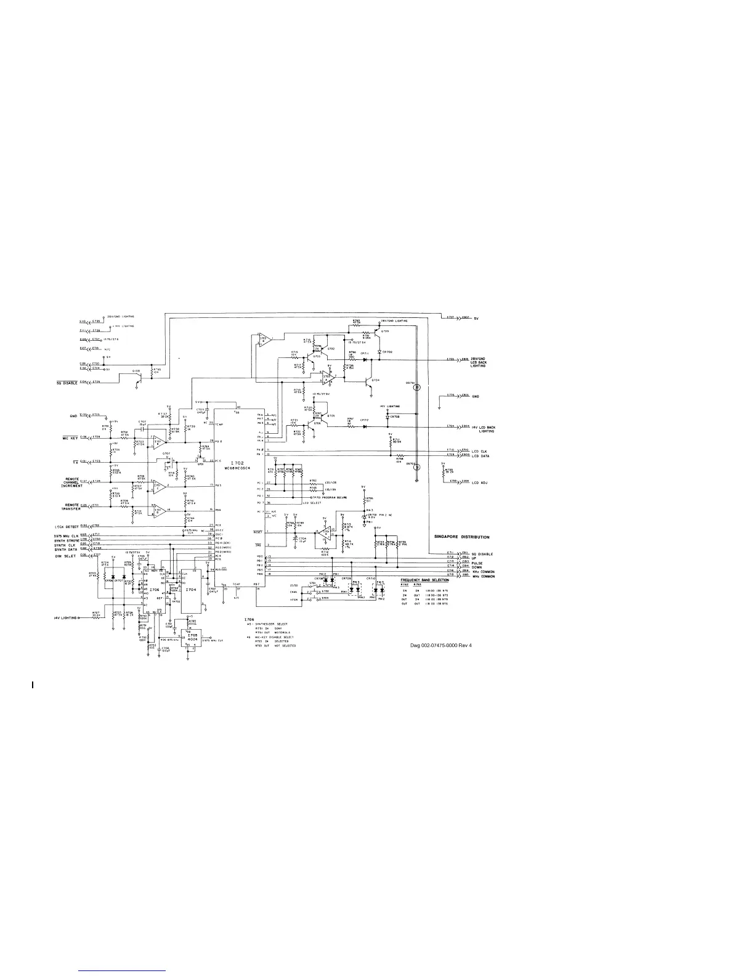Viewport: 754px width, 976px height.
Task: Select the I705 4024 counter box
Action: point(192,637)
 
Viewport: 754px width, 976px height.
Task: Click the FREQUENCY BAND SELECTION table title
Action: point(424,580)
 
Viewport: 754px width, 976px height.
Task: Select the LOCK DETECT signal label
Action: point(67,526)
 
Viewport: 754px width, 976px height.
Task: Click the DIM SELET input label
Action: point(65,555)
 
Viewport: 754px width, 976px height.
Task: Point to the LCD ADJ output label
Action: point(479,482)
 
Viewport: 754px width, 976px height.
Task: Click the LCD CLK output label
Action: point(479,451)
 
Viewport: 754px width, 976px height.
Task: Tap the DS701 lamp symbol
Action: point(416,388)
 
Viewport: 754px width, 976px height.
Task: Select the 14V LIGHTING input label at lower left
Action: point(65,617)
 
